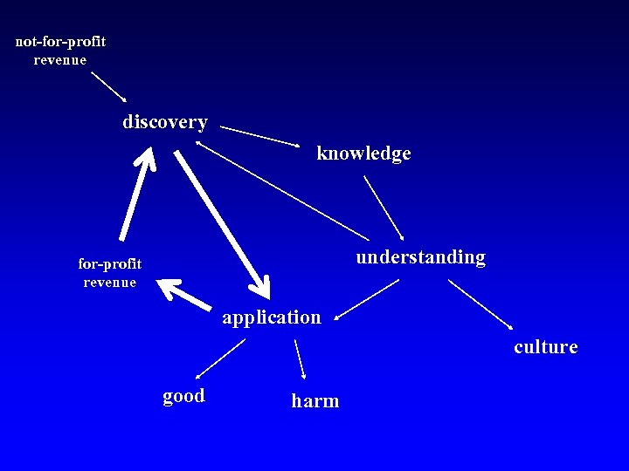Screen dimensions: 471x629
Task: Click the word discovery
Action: point(165,122)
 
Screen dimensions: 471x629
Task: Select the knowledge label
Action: point(363,154)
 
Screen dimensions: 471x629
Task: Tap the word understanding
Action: point(420,257)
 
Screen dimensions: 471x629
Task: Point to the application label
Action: point(271,317)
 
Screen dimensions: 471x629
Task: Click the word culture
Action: point(545,347)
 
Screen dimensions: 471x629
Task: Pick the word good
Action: point(183,396)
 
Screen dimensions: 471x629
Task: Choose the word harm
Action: point(314,401)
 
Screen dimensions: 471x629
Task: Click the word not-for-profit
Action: point(60,42)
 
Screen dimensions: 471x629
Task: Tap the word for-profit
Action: point(109,263)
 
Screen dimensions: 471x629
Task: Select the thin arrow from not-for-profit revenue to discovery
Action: point(109,87)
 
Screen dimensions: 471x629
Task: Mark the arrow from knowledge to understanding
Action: point(384,208)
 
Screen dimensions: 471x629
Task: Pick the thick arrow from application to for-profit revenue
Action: point(187,294)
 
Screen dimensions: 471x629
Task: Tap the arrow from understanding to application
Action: point(367,299)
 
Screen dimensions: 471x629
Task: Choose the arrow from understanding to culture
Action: point(480,304)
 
